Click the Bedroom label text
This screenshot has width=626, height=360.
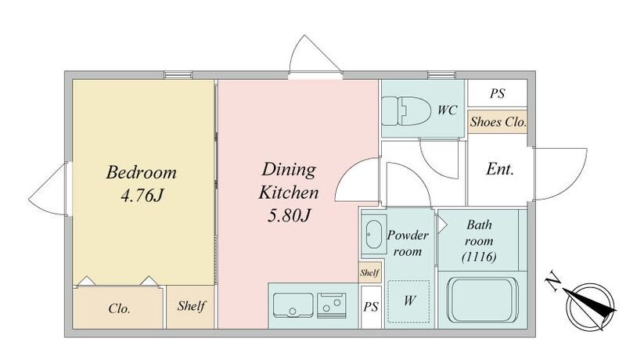tap(141, 172)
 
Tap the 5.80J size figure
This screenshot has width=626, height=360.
tap(289, 216)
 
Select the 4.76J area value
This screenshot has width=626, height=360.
tap(142, 196)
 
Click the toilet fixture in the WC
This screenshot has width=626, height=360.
tap(406, 110)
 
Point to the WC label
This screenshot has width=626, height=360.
tap(447, 110)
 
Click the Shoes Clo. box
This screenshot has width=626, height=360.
tap(498, 122)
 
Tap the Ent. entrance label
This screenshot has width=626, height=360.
tap(499, 169)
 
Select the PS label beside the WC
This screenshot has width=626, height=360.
tap(498, 93)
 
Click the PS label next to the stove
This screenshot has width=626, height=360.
tap(370, 307)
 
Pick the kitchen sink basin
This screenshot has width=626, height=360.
tap(293, 305)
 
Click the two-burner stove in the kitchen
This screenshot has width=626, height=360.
tap(331, 305)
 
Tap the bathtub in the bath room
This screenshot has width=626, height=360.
tap(482, 300)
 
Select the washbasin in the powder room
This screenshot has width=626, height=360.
tap(375, 234)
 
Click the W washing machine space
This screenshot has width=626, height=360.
tap(408, 301)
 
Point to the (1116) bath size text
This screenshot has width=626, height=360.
tap(479, 257)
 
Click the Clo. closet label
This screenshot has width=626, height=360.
tap(119, 308)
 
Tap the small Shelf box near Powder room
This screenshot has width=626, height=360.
tap(369, 272)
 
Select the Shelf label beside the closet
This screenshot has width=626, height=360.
tap(191, 306)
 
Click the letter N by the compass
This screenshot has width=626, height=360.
tap(553, 282)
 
